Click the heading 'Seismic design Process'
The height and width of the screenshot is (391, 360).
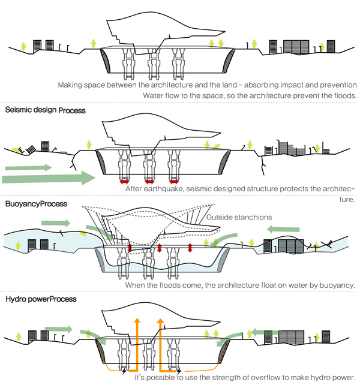46,111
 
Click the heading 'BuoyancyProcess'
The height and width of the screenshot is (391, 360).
36,204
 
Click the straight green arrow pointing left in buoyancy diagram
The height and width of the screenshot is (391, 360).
283,228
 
